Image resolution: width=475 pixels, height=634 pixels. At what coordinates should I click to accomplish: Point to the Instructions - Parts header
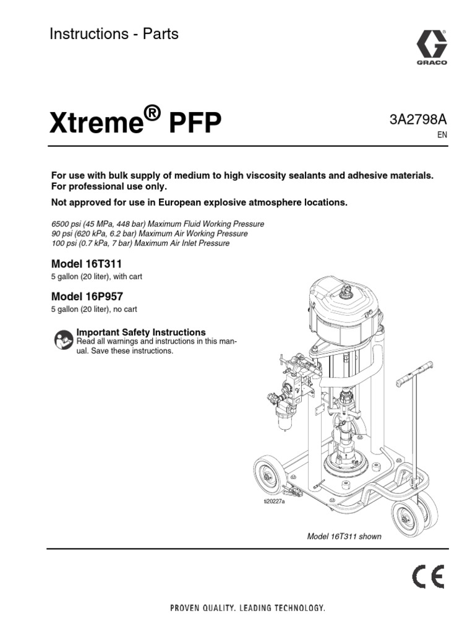(x=114, y=35)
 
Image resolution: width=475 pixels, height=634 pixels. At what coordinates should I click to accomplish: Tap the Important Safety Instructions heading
(x=140, y=332)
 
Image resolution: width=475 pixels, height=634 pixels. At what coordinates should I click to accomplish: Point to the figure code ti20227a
(x=274, y=501)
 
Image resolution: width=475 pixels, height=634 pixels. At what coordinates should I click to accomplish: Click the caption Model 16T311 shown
(x=344, y=537)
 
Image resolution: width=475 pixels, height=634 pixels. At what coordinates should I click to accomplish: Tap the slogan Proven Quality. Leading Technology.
(x=247, y=608)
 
